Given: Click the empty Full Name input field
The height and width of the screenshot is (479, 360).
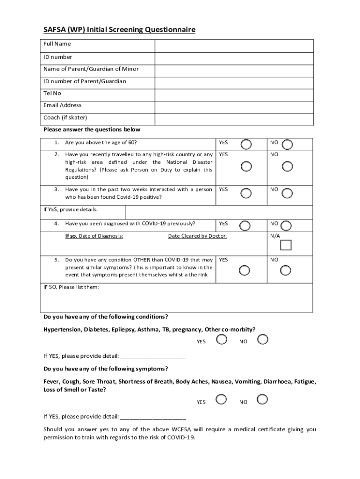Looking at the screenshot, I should pyautogui.click(x=234, y=46).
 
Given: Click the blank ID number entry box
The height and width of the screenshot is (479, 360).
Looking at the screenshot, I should pyautogui.click(x=234, y=58).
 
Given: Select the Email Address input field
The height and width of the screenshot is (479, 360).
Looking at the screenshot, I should pyautogui.click(x=234, y=107).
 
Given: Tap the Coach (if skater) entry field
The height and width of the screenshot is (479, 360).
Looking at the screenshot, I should pyautogui.click(x=234, y=119).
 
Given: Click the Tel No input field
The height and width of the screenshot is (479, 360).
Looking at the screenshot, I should pyautogui.click(x=234, y=95).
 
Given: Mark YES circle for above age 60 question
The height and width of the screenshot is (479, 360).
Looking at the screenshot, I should pyautogui.click(x=246, y=144).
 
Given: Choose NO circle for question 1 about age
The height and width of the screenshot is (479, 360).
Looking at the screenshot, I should pyautogui.click(x=288, y=144).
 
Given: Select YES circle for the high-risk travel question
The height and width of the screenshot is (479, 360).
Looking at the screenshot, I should pyautogui.click(x=246, y=167).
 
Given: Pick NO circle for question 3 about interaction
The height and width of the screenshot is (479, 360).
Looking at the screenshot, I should pyautogui.click(x=288, y=193).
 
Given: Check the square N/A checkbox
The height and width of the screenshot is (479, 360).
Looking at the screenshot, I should pyautogui.click(x=286, y=246).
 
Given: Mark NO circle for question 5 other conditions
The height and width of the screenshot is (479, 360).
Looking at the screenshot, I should pyautogui.click(x=286, y=270).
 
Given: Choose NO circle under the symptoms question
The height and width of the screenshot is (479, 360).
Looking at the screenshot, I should pyautogui.click(x=262, y=399).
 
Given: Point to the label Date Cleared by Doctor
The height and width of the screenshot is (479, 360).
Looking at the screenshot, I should pyautogui.click(x=197, y=236).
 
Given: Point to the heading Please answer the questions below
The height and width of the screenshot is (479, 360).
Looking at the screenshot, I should pyautogui.click(x=92, y=130).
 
